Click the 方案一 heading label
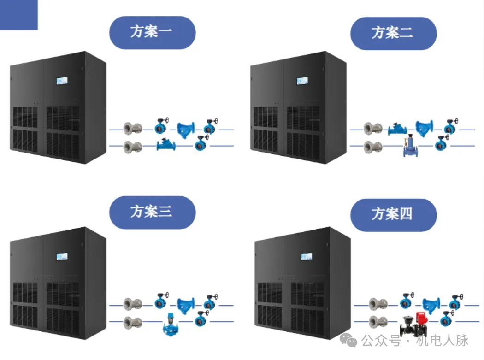152,32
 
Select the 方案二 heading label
393,33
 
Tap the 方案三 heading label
152,212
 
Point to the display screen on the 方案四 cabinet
307,257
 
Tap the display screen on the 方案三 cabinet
62,257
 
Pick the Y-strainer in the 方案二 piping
424,128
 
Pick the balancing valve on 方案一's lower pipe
166,145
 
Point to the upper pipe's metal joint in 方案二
372,129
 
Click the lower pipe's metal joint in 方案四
378,321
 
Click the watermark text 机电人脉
442,341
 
